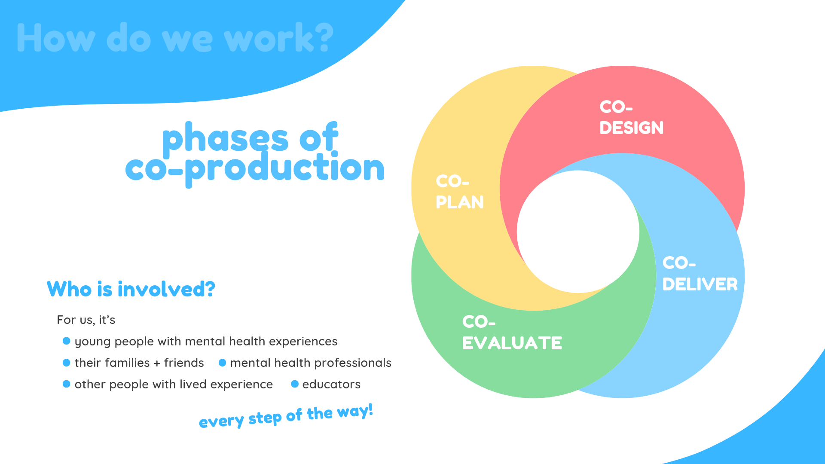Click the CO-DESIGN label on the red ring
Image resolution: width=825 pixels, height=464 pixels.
631,117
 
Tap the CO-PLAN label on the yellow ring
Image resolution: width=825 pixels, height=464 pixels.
459,192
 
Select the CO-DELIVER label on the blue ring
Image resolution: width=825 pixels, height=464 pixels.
700,274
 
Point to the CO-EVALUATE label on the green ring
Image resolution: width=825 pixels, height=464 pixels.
512,333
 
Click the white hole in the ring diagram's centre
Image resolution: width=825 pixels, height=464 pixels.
578,232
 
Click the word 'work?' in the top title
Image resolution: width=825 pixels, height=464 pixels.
279,38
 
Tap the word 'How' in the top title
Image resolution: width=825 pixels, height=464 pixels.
56,38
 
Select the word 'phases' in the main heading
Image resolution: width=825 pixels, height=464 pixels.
225,137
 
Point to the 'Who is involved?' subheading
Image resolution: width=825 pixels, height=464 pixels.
131,289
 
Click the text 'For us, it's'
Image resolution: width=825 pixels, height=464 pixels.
86,320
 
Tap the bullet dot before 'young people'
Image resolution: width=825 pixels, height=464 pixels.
66,341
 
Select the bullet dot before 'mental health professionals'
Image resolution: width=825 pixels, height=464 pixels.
222,363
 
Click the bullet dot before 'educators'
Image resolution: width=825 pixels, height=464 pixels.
295,384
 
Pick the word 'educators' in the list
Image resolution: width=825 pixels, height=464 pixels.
331,384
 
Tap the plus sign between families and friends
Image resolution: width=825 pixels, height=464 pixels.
157,363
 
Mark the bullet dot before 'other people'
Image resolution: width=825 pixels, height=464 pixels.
66,384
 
